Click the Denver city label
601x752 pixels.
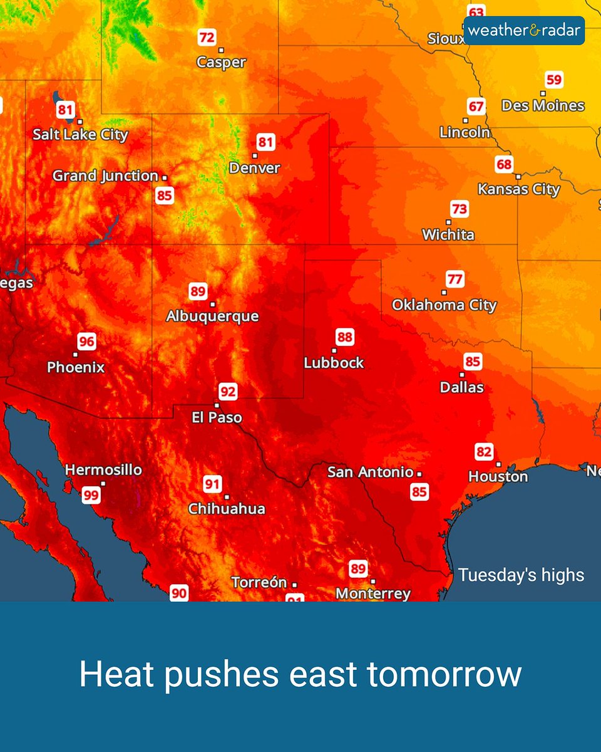click(x=254, y=168)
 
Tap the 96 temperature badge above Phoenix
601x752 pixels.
click(x=86, y=342)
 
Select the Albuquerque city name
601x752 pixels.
click(x=212, y=316)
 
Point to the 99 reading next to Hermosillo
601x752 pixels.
click(x=91, y=495)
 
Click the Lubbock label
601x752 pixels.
click(x=334, y=362)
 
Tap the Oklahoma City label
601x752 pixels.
click(x=444, y=305)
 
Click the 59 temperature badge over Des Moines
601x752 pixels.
click(x=554, y=80)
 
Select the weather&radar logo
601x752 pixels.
click(x=524, y=30)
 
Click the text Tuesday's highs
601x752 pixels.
click(x=521, y=575)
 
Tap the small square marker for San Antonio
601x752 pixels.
click(x=419, y=474)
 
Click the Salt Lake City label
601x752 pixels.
click(x=80, y=134)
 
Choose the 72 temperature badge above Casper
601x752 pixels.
click(x=207, y=38)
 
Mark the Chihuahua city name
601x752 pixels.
click(x=227, y=509)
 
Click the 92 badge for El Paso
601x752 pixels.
click(x=229, y=392)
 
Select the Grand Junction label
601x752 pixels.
click(x=105, y=176)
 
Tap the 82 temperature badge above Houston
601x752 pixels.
click(x=484, y=452)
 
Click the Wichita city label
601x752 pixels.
click(x=448, y=235)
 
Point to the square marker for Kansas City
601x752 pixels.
click(x=518, y=177)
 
